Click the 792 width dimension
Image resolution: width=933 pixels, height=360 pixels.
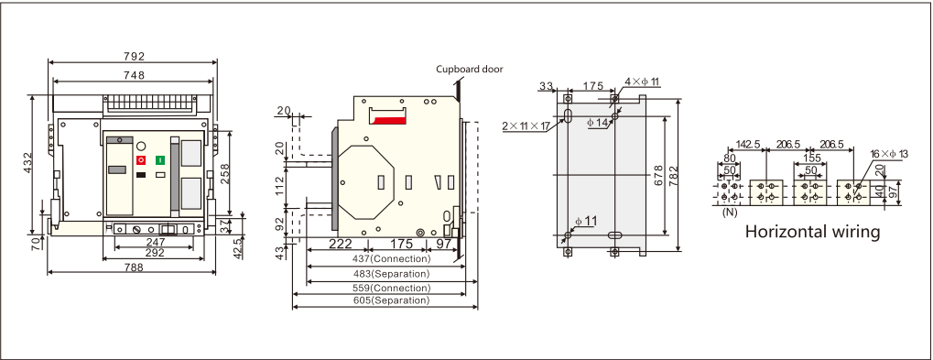click(134, 57)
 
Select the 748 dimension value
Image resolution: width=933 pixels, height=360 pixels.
click(134, 75)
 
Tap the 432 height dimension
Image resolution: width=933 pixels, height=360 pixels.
click(28, 164)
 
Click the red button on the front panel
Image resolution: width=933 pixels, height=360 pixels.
click(141, 160)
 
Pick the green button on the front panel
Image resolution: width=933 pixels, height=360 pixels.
click(160, 160)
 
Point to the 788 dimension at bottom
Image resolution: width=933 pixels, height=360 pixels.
click(134, 267)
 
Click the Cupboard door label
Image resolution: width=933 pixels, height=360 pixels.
click(470, 69)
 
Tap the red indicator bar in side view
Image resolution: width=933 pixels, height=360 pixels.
click(388, 121)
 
